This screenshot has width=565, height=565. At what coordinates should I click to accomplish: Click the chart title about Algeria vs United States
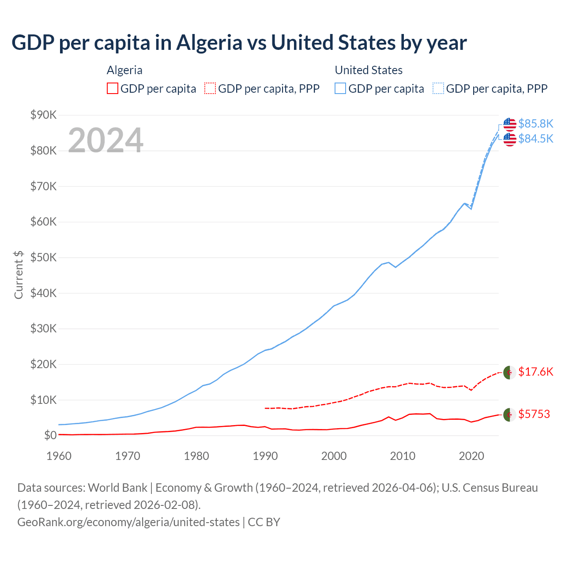click(x=239, y=43)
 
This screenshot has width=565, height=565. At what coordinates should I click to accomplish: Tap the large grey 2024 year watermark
click(x=105, y=140)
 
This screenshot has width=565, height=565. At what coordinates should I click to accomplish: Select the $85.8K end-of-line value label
click(x=535, y=124)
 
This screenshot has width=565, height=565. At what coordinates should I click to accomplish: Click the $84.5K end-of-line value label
click(x=535, y=139)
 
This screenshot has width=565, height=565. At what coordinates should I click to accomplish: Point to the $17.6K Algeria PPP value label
click(x=535, y=372)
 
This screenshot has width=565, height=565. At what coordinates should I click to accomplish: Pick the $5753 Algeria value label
click(x=534, y=414)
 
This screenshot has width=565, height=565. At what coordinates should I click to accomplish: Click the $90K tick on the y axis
click(x=43, y=115)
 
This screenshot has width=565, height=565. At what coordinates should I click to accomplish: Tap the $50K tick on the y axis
click(x=43, y=257)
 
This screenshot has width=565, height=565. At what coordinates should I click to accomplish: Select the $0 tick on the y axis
click(x=50, y=435)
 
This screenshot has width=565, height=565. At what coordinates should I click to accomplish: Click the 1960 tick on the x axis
click(x=59, y=456)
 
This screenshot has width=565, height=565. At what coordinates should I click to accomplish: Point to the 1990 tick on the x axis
click(x=265, y=456)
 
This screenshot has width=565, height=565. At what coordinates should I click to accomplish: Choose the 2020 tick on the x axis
click(x=471, y=456)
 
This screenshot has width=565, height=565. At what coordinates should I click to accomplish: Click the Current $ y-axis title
click(x=19, y=275)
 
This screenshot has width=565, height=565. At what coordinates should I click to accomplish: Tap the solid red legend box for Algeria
click(x=113, y=89)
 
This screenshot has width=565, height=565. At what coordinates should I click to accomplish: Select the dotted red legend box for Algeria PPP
click(x=210, y=89)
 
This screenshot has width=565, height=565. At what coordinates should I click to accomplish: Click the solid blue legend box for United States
click(x=340, y=89)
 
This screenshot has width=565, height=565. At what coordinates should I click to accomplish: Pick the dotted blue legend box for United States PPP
click(x=438, y=89)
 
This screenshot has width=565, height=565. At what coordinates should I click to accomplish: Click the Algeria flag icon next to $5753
click(x=509, y=415)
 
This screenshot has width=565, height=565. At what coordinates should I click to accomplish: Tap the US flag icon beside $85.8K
click(x=509, y=124)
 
